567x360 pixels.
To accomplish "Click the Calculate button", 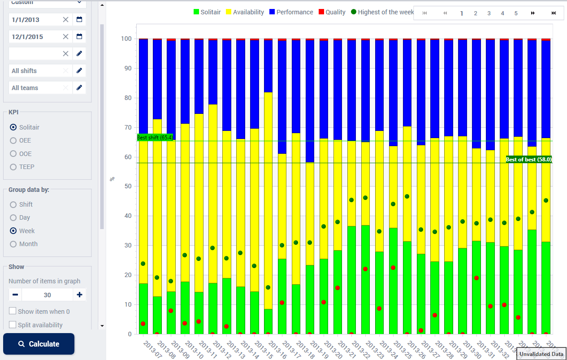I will pos(39,344).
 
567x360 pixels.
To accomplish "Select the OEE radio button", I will pos(13,140).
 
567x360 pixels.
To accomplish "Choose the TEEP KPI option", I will pos(13,167).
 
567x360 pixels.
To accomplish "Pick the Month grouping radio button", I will pos(13,244).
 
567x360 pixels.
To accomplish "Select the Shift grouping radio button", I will pos(13,204).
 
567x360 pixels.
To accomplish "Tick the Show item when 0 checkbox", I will pos(13,312).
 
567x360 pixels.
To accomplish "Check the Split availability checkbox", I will pos(13,325).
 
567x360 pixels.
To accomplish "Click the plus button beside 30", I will pos(79,295).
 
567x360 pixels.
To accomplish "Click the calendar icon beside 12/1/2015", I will pos(79,36).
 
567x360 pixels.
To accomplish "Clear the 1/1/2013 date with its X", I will pos(66,19).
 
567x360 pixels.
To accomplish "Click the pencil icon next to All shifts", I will pos(79,70).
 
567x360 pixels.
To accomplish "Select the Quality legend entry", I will pos(332,12).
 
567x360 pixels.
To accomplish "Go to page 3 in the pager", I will pos(489,13).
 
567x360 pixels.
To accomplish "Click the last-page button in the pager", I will pos(554,13).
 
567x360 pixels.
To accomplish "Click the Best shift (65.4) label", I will pos(155,138).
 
